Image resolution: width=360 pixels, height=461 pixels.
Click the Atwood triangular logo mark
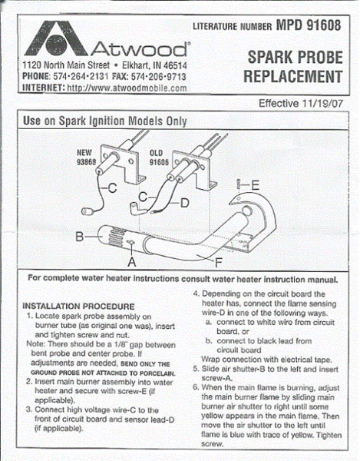pos(56,38)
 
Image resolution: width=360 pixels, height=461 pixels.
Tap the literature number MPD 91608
pos(309,25)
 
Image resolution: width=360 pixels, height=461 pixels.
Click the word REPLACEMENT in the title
pos(293,76)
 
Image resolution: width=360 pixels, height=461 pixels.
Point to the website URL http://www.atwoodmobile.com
pos(127,88)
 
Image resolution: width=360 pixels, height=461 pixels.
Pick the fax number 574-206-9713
pos(159,77)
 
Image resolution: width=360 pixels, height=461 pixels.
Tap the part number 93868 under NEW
pos(86,161)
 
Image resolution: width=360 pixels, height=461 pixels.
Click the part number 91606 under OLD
pos(159,162)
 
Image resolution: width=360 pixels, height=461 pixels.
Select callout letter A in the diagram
pos(132,261)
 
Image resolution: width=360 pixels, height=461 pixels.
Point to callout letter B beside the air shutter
pos(80,237)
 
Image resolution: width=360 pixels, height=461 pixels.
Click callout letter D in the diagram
pos(184,203)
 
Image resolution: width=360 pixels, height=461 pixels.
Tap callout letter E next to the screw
pos(255,185)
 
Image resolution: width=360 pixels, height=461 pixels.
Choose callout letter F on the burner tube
pos(219,263)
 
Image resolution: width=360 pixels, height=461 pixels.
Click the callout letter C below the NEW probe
pos(113,188)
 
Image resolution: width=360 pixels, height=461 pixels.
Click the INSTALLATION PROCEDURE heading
pos(78,307)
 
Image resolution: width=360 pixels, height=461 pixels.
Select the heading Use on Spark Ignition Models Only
pos(105,121)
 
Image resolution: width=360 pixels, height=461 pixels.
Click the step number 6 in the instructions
pos(196,387)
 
